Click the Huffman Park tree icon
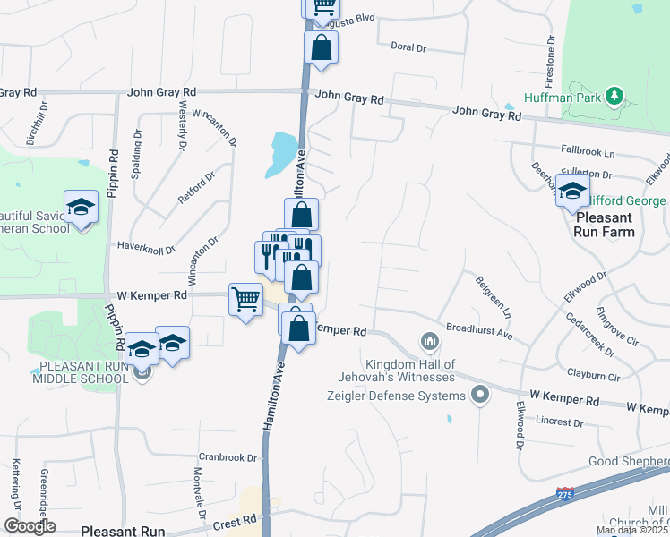(x=614, y=95)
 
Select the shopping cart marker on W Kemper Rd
(x=245, y=299)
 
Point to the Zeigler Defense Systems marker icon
(x=481, y=394)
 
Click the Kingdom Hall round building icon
(x=429, y=341)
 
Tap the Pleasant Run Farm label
(x=606, y=225)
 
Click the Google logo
(x=30, y=525)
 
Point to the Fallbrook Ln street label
(x=588, y=153)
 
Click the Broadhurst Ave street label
(x=478, y=332)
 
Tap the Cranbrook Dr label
(x=228, y=457)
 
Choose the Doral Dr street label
(x=408, y=47)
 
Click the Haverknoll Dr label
(x=146, y=248)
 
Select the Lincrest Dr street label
(x=559, y=421)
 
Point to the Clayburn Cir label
(x=593, y=377)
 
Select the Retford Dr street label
(x=196, y=187)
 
